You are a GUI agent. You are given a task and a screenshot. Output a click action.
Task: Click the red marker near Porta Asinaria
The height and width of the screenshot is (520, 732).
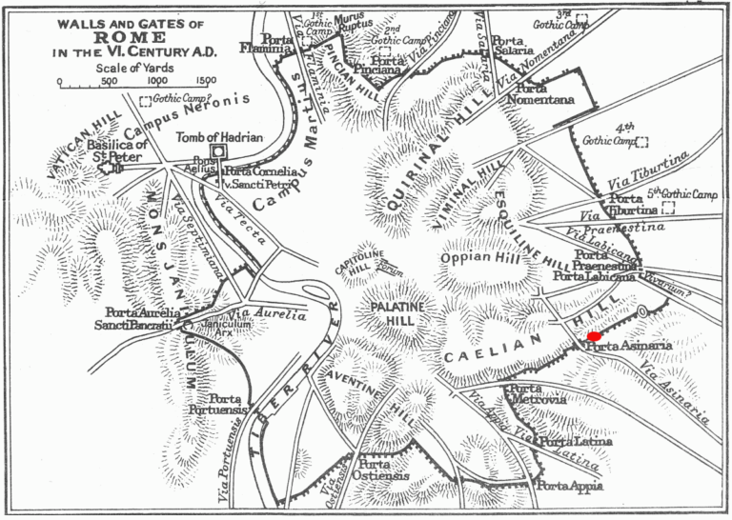(595, 335)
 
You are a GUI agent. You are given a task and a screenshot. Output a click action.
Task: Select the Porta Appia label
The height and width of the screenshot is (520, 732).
(570, 488)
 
